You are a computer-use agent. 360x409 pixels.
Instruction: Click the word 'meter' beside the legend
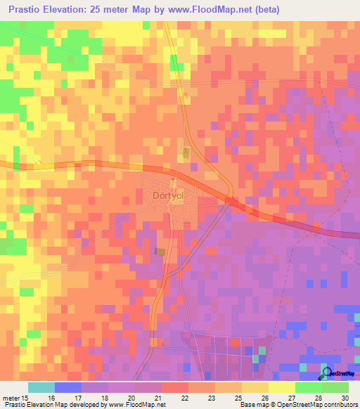(11, 398)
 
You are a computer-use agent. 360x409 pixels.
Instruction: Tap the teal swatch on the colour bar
(41, 387)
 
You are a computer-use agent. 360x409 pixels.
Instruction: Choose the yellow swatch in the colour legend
(281, 387)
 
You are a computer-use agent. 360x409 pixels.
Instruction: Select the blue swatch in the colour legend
(68, 387)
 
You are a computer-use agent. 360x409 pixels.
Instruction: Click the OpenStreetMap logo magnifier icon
(328, 373)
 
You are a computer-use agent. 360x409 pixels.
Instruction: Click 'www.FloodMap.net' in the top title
(213, 10)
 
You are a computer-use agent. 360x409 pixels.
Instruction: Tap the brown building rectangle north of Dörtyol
(186, 152)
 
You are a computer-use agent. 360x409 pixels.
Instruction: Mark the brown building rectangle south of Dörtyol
(161, 252)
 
